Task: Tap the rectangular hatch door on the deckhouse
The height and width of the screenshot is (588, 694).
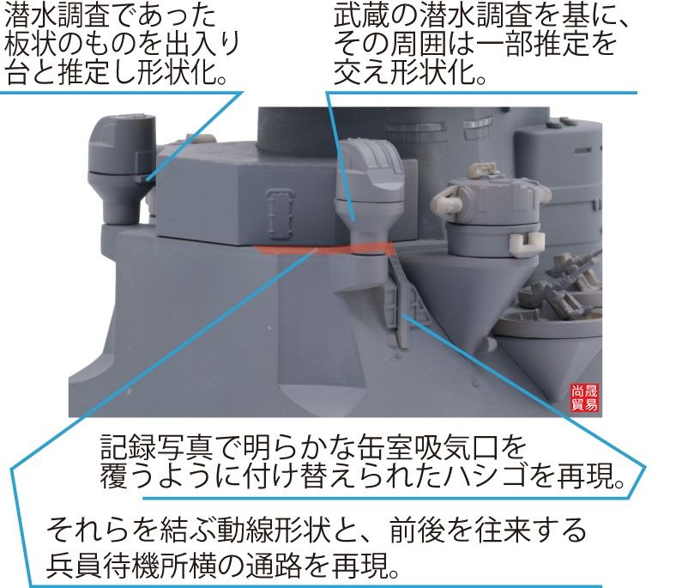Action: pyautogui.click(x=281, y=214)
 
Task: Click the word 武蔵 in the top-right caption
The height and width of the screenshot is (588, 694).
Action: pyautogui.click(x=361, y=16)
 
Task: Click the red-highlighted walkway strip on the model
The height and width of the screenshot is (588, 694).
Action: pyautogui.click(x=325, y=249)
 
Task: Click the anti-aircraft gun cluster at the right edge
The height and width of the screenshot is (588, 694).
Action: pyautogui.click(x=571, y=283)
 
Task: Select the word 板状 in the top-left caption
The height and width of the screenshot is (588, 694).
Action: pyautogui.click(x=31, y=45)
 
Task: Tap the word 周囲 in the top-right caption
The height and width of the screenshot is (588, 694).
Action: pyautogui.click(x=416, y=45)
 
